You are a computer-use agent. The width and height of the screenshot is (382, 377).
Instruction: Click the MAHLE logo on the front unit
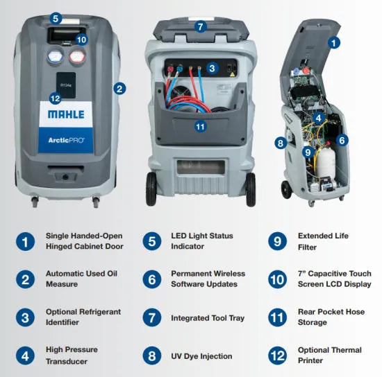(x=66, y=114)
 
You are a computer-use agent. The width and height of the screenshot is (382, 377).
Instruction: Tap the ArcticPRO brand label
(x=66, y=140)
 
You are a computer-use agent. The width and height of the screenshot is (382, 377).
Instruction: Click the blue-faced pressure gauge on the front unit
(x=56, y=56)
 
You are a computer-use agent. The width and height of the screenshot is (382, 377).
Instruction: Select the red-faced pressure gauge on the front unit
(x=77, y=57)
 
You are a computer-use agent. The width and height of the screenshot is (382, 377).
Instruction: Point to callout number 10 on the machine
(x=82, y=40)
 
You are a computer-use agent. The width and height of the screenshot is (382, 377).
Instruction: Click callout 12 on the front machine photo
(x=56, y=98)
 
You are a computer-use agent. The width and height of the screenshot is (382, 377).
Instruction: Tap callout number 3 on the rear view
(x=212, y=69)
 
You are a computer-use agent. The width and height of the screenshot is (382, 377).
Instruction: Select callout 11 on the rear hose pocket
(x=200, y=127)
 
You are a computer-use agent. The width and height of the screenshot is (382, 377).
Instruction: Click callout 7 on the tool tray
(x=200, y=27)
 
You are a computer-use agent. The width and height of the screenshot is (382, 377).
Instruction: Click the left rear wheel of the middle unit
(x=151, y=189)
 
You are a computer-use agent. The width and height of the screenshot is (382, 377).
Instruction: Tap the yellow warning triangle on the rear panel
(x=232, y=74)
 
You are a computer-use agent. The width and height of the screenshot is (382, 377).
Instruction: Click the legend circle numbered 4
(x=25, y=356)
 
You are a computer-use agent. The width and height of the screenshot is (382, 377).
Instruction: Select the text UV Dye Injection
(x=201, y=356)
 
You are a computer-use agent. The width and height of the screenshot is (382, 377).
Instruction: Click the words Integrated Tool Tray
(x=208, y=318)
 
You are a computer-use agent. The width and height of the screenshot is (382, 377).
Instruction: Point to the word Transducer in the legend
(x=67, y=362)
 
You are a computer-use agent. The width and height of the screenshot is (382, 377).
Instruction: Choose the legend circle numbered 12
(x=278, y=356)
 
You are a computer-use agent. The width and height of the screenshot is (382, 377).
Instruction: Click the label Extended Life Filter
(x=323, y=241)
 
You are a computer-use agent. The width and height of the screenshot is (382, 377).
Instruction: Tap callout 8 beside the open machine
(x=281, y=143)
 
